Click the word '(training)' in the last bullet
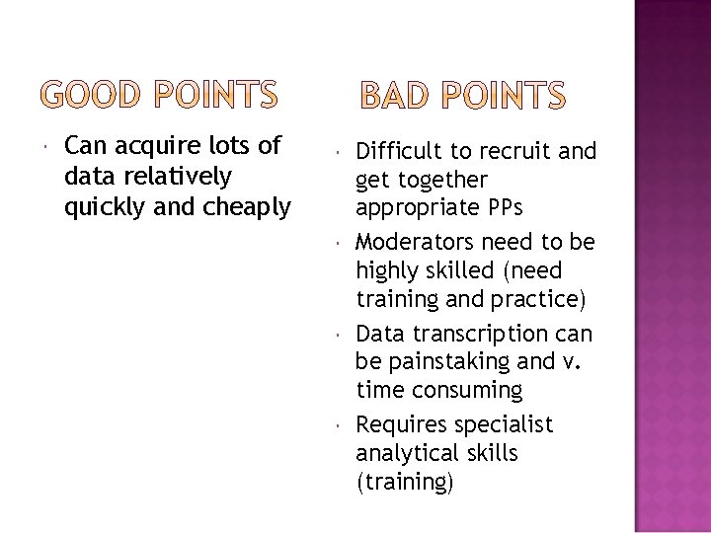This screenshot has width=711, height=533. (405, 483)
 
